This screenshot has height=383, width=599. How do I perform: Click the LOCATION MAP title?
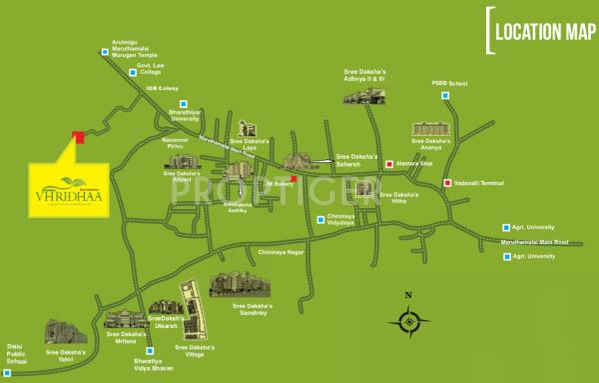538,30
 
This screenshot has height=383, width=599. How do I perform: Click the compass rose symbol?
408,322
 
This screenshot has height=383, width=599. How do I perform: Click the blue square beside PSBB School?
448,96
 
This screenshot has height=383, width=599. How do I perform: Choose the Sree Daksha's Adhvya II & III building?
363,95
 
